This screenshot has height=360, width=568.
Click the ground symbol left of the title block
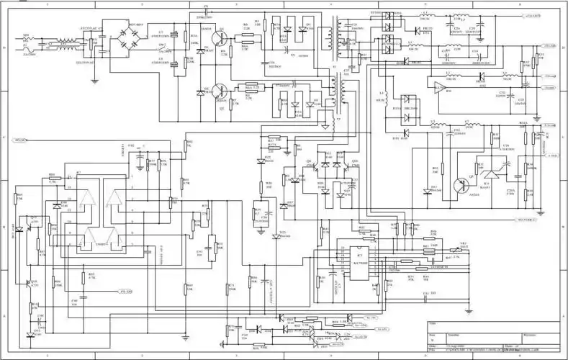[x=423, y=297]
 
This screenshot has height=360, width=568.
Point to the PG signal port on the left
[x=22, y=139]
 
